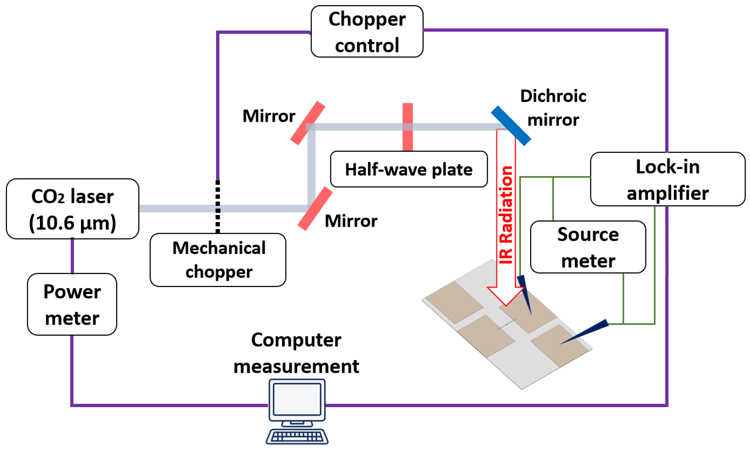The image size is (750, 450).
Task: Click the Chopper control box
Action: (x=367, y=32)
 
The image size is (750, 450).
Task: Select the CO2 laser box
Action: (x=72, y=209)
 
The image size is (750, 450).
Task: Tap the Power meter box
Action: (x=72, y=304)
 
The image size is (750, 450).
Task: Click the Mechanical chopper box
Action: (x=218, y=260)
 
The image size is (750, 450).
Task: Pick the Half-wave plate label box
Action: (x=409, y=169)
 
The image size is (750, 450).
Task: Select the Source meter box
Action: (x=588, y=247)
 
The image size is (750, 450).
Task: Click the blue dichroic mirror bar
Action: (x=511, y=125)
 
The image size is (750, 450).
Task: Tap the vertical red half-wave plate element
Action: (x=407, y=127)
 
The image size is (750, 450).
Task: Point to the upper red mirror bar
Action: (x=307, y=123)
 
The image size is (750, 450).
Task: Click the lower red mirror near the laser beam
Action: (x=315, y=209)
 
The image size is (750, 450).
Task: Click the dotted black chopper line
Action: (x=218, y=207)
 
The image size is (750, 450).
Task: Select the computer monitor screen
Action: (x=297, y=399)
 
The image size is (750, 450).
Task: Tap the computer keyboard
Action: (x=297, y=437)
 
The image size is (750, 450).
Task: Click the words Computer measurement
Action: (x=296, y=353)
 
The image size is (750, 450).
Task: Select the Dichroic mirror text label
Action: (x=553, y=108)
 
